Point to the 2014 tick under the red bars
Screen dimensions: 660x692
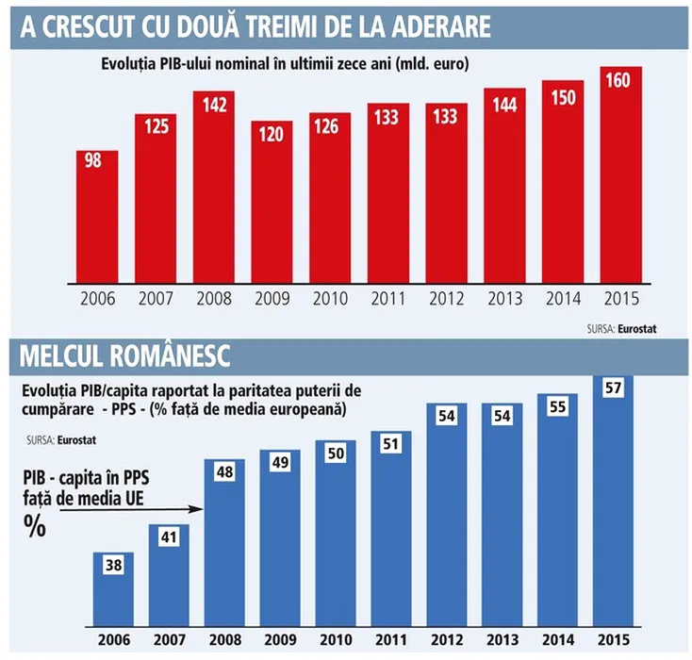coord(564,299)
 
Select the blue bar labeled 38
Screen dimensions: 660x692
coord(112,588)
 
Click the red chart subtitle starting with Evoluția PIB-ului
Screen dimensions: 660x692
coord(283,64)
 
